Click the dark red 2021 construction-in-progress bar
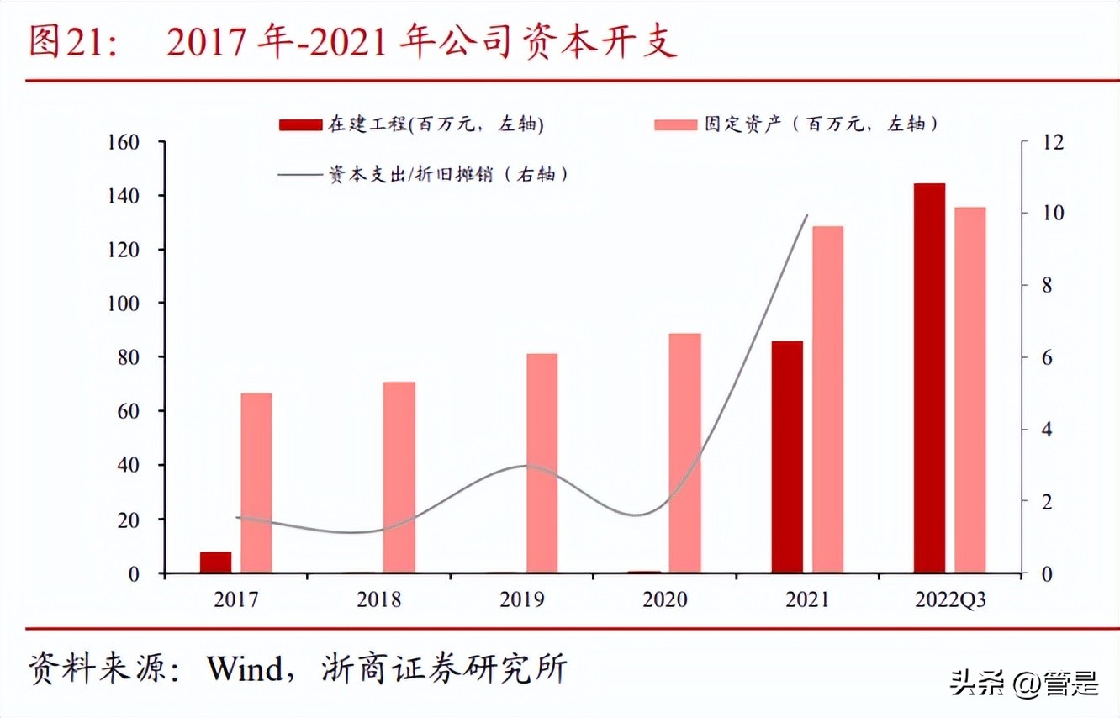click(786, 457)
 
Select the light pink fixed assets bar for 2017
click(256, 483)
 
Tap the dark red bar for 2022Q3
click(929, 378)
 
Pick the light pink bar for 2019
click(542, 463)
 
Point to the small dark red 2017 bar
click(215, 562)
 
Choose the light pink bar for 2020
click(684, 453)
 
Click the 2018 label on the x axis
click(379, 600)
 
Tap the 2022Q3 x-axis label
click(950, 600)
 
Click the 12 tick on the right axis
click(1051, 142)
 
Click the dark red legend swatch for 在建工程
click(299, 124)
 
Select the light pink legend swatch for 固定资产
click(675, 124)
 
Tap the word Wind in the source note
click(246, 670)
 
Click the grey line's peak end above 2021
click(806, 215)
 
